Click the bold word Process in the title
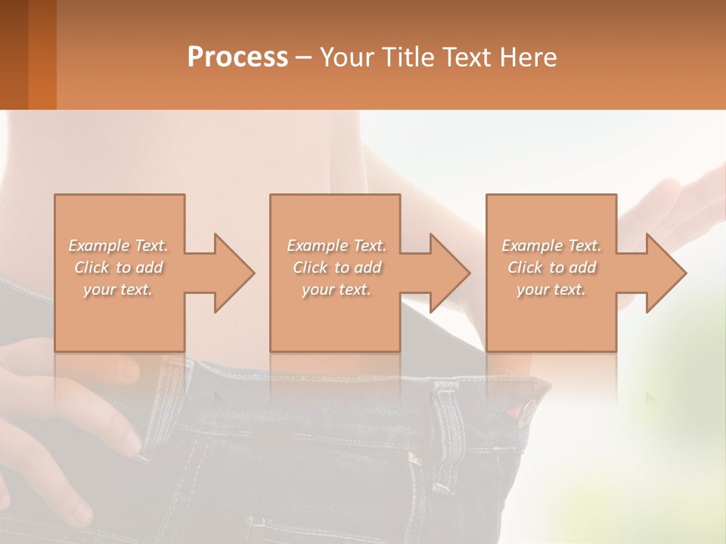pyautogui.click(x=237, y=57)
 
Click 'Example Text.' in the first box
pyautogui.click(x=119, y=246)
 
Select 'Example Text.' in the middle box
pyautogui.click(x=337, y=246)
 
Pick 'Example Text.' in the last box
pyautogui.click(x=551, y=246)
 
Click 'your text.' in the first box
pyautogui.click(x=119, y=289)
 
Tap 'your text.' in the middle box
pyautogui.click(x=337, y=289)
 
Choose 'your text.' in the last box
pyautogui.click(x=551, y=289)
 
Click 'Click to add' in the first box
pyautogui.click(x=119, y=267)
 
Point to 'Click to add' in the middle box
pyautogui.click(x=337, y=267)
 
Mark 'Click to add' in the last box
pyautogui.click(x=551, y=267)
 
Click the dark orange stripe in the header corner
pyautogui.click(x=42, y=54)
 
